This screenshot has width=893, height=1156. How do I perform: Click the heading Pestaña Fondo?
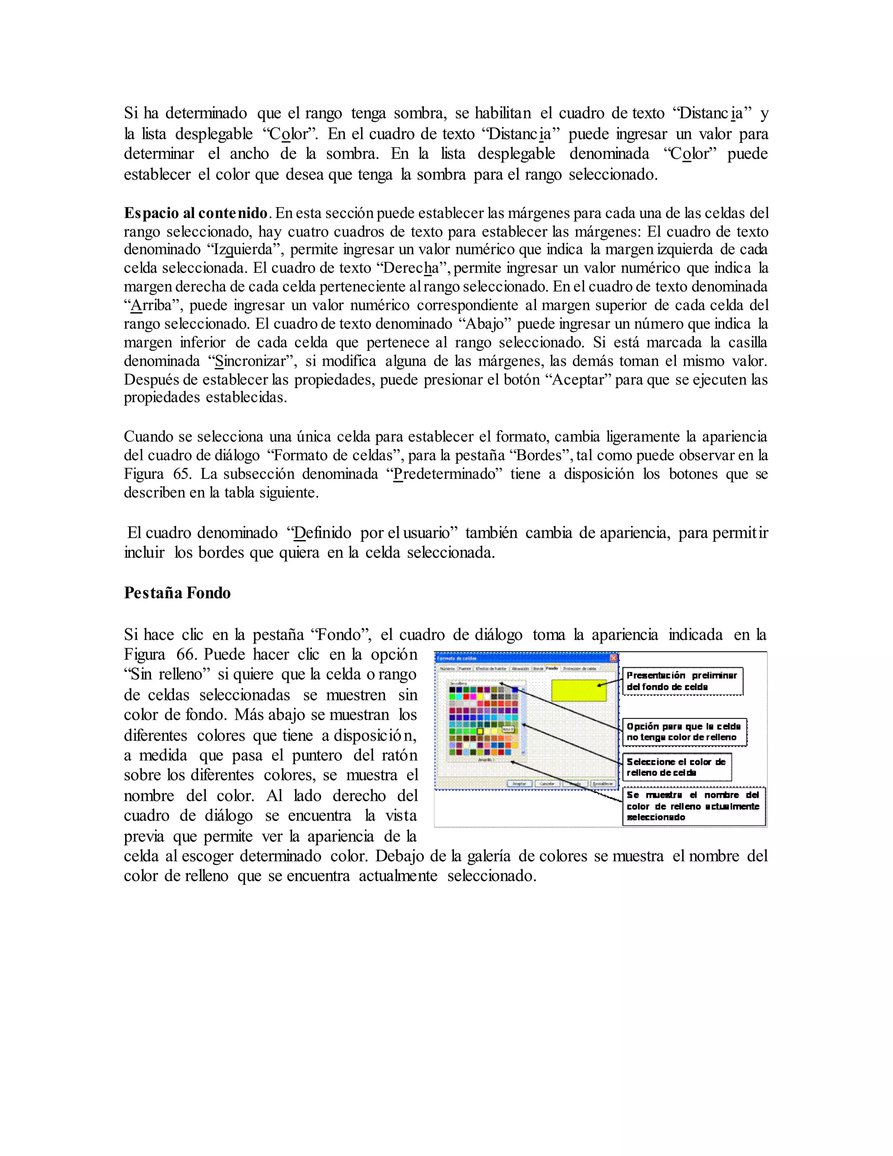click(x=177, y=593)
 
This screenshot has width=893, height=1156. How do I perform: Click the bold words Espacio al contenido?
click(x=196, y=213)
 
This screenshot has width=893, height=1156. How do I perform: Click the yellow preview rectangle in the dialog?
click(x=579, y=690)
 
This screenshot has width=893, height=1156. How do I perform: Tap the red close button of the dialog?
click(x=614, y=658)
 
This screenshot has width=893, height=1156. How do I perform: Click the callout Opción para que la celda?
click(x=684, y=732)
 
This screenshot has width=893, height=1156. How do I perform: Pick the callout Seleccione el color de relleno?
click(x=677, y=767)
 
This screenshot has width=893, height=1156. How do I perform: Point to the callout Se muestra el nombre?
click(x=694, y=806)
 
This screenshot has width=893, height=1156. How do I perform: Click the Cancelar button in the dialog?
click(x=548, y=784)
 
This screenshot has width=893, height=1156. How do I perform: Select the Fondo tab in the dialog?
click(x=552, y=668)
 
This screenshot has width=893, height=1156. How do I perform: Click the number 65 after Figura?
click(x=181, y=474)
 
